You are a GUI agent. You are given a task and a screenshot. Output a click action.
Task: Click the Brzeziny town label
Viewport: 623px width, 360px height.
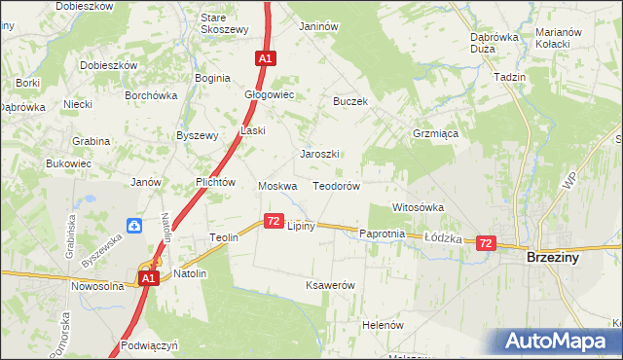554,259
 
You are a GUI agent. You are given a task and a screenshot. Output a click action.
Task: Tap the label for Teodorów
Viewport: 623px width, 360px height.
337,186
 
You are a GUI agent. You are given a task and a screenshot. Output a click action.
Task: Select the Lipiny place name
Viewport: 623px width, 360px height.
300,226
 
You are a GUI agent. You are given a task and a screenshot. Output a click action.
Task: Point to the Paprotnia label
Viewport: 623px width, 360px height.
382,234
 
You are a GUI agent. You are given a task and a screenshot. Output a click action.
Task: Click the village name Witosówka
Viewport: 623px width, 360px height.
418,207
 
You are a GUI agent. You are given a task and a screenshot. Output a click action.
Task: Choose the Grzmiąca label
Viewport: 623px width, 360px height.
435,134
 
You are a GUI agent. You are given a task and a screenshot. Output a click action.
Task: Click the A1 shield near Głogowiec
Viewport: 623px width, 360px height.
265,58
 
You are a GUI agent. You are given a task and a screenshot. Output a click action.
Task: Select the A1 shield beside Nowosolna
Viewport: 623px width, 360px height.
147,279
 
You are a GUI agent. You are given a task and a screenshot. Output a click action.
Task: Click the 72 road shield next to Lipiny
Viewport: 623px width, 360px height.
274,222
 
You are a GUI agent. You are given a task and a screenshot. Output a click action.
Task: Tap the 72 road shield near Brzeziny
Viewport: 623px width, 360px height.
487,243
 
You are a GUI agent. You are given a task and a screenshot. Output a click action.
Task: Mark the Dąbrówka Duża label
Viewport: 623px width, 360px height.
494,43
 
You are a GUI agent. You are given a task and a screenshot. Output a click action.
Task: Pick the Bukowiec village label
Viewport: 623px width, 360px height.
68,163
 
